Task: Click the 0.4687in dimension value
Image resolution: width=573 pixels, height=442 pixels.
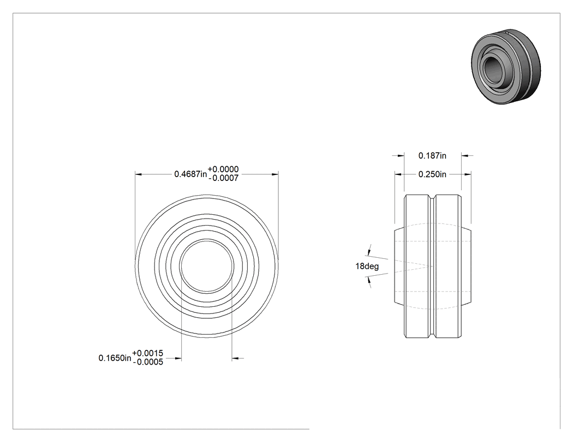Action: point(190,174)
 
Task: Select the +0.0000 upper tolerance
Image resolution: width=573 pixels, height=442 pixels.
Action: point(223,169)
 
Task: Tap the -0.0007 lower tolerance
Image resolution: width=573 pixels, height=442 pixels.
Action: point(223,178)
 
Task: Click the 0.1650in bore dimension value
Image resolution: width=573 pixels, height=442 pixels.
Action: point(115,358)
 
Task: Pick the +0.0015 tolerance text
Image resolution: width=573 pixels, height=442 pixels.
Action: point(148,353)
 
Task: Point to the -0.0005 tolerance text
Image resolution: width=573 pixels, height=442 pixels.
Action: point(148,362)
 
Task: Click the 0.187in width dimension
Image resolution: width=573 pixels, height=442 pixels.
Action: point(432,156)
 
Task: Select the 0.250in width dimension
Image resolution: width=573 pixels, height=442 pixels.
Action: point(432,174)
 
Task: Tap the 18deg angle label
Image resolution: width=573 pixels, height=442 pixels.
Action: point(367,267)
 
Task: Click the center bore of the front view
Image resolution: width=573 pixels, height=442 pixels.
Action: point(207,266)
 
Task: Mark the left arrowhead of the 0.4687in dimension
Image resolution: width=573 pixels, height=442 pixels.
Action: point(138,174)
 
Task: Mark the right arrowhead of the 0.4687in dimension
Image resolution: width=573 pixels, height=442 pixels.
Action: point(275,174)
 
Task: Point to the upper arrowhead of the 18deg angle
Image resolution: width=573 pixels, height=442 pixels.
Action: point(369,252)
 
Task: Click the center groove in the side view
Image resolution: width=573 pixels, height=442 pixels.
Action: point(433,267)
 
